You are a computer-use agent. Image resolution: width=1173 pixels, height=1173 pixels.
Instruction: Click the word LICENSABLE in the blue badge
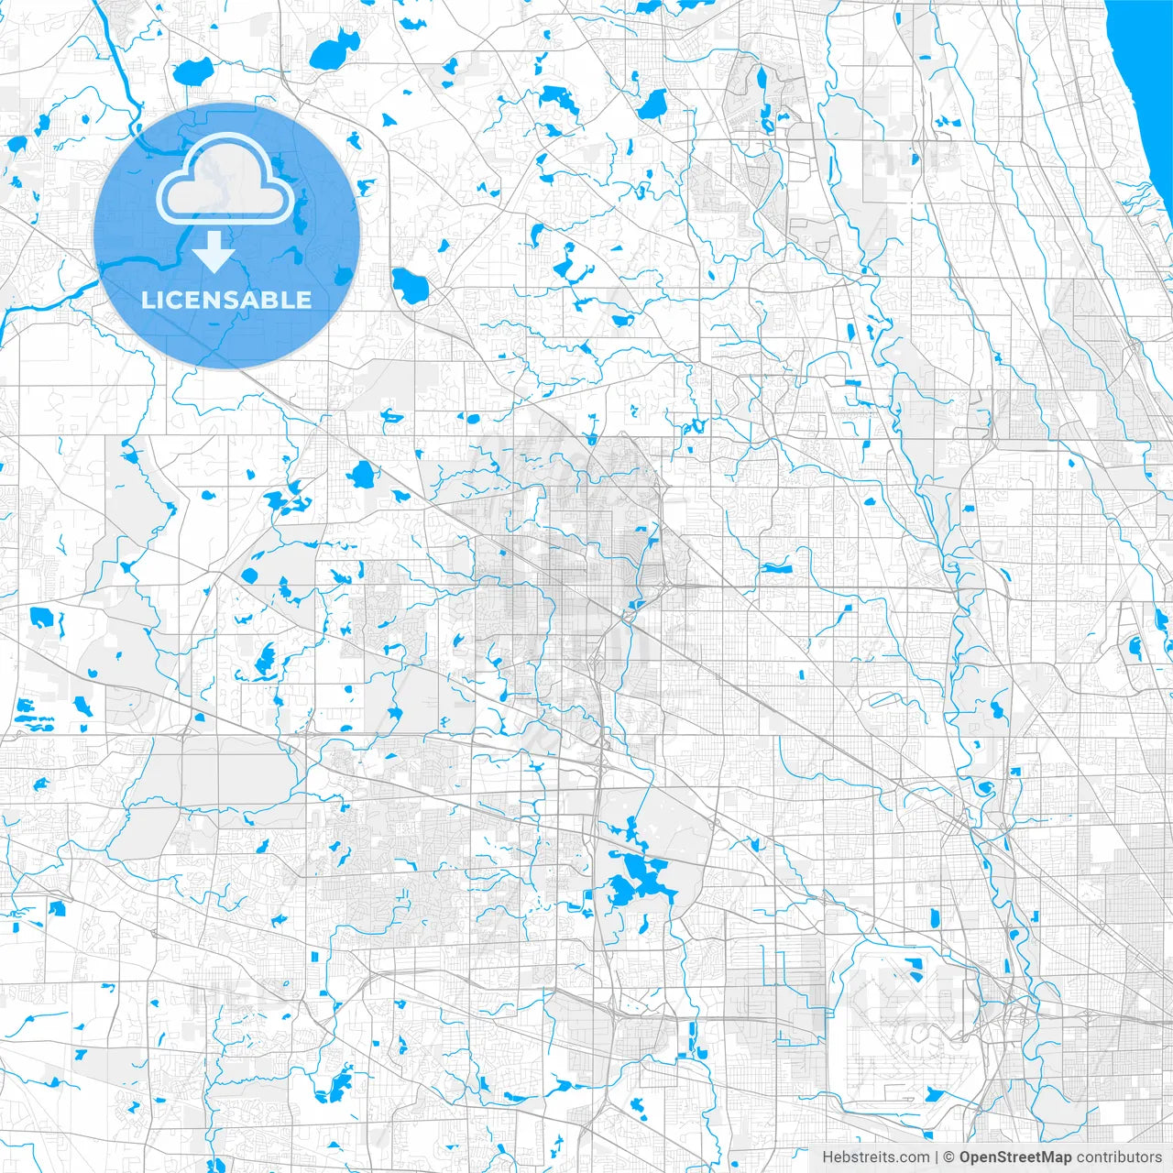tap(226, 300)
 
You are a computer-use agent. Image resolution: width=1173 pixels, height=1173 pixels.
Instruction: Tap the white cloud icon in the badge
tap(225, 179)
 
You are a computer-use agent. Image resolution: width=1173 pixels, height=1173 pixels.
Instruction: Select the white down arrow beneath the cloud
tap(214, 252)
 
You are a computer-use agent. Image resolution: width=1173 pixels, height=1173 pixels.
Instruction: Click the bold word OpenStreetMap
tap(1014, 1157)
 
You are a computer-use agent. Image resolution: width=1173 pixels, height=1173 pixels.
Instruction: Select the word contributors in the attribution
tap(1118, 1157)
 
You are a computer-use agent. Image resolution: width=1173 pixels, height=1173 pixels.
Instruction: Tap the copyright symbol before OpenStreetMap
tap(949, 1157)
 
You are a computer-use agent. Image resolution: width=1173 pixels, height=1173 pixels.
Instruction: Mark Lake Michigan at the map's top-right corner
tap(1146, 46)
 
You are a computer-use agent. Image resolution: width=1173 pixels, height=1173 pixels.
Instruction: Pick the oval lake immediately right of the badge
tap(410, 287)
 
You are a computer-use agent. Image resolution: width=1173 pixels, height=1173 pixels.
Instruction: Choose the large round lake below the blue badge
tap(362, 475)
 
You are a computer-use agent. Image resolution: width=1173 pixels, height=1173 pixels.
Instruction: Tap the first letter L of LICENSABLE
tap(148, 300)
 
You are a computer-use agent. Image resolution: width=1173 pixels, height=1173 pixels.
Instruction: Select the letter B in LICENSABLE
tap(276, 300)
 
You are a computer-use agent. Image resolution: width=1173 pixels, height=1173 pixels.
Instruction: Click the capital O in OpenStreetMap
tap(965, 1157)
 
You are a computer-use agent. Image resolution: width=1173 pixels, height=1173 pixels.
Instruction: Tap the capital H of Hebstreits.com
tap(828, 1157)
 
